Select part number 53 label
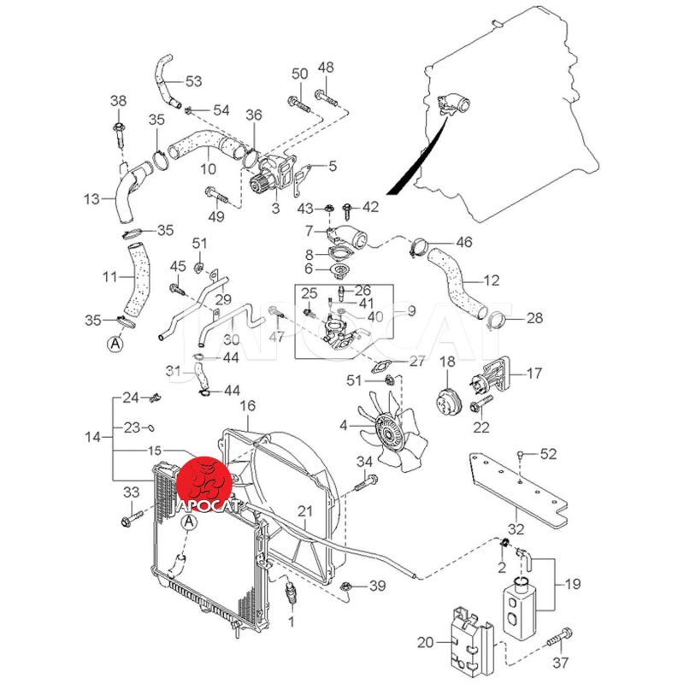tap(193, 82)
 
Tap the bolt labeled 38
tap(118, 130)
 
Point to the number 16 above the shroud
tap(247, 405)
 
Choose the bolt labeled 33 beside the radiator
tap(132, 517)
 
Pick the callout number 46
tap(463, 243)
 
